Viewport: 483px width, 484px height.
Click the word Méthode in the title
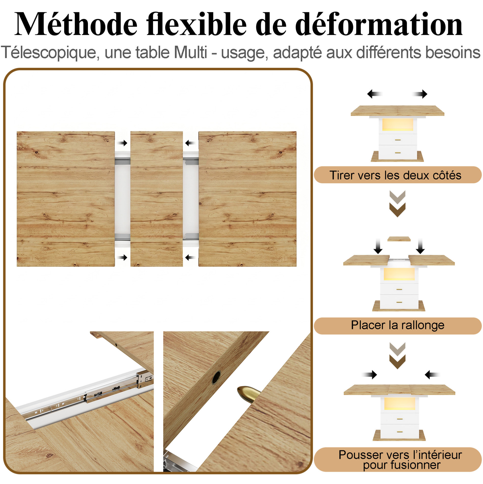(76, 24)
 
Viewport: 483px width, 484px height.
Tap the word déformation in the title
(379, 24)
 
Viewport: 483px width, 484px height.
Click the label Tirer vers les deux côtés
(395, 175)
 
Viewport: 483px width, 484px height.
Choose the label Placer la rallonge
(398, 325)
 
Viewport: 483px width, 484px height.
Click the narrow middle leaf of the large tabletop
(156, 199)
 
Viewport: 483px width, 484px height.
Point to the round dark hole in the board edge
(216, 378)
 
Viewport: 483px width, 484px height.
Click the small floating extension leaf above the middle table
(399, 239)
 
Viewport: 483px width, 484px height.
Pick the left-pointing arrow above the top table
(374, 94)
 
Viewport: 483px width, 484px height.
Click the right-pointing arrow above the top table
(420, 94)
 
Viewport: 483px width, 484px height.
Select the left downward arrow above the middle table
(378, 246)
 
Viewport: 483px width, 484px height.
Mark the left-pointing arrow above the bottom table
(433, 382)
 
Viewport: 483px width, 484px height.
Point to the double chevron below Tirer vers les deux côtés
(397, 204)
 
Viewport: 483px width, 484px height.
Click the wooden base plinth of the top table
(397, 157)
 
